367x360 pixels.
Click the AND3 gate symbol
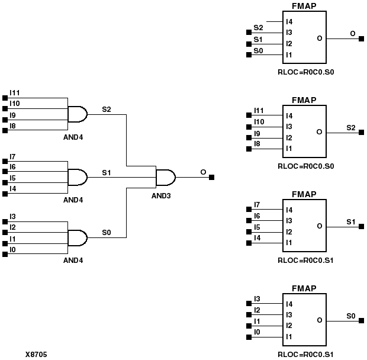165,177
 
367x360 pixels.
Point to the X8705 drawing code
36,354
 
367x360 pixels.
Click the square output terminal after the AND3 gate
212,177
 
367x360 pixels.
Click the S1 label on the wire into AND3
107,172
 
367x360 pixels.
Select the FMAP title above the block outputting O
304,6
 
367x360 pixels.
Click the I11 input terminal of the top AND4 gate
6,98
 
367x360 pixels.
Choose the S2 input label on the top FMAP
258,28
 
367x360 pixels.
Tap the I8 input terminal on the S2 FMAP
249,148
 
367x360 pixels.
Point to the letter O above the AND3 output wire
203,172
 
